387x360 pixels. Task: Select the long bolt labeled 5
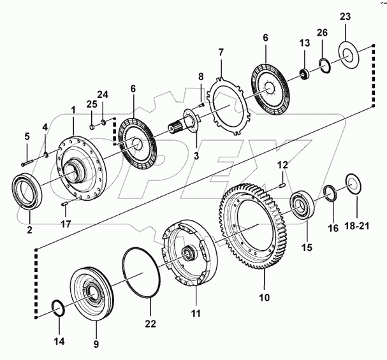[27, 164]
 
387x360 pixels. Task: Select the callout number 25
[91, 104]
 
